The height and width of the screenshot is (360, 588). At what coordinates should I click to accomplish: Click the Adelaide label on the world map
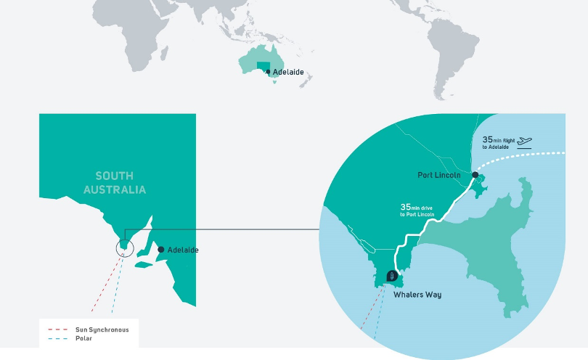pyautogui.click(x=288, y=73)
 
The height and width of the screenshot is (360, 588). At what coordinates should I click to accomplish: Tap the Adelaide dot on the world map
pyautogui.click(x=269, y=72)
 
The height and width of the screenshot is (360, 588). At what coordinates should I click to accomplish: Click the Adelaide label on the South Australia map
pyautogui.click(x=183, y=250)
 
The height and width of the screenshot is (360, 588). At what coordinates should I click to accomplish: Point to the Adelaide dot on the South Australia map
pyautogui.click(x=160, y=249)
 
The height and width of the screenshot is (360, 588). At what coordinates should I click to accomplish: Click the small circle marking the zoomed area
pyautogui.click(x=125, y=247)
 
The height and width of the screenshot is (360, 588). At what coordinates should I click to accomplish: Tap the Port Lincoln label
pyautogui.click(x=440, y=175)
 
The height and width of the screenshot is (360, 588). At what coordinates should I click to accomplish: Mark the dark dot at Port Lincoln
pyautogui.click(x=475, y=175)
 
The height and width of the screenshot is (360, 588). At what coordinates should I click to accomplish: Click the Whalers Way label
pyautogui.click(x=417, y=295)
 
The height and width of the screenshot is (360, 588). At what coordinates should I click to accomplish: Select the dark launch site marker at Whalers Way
pyautogui.click(x=392, y=276)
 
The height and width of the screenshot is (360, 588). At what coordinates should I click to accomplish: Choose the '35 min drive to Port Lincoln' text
pyautogui.click(x=420, y=210)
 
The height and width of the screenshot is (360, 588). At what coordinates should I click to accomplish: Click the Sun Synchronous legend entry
pyautogui.click(x=102, y=330)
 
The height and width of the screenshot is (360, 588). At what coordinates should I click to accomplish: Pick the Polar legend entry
pyautogui.click(x=85, y=338)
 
